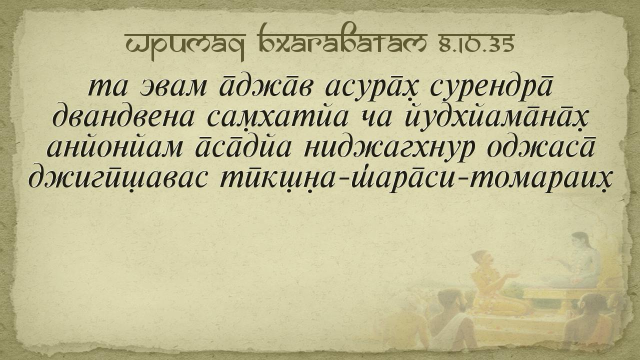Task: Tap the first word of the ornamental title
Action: (185, 45)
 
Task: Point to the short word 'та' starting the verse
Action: (107, 86)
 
